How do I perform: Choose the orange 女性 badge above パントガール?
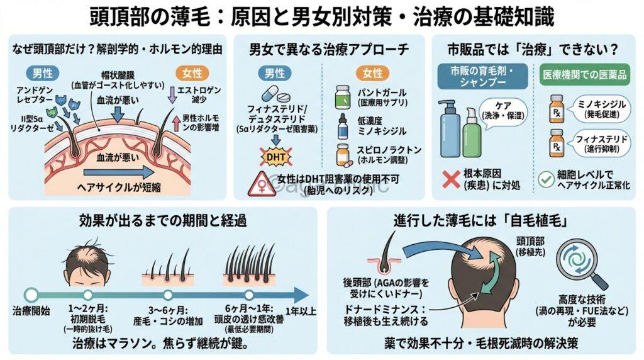(x=373, y=73)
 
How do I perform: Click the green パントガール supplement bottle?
(x=343, y=97)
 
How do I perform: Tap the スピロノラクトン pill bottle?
(x=343, y=155)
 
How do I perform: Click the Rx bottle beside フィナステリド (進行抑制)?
(x=556, y=142)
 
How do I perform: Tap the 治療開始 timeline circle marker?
(x=31, y=294)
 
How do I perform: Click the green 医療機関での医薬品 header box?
(x=584, y=74)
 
